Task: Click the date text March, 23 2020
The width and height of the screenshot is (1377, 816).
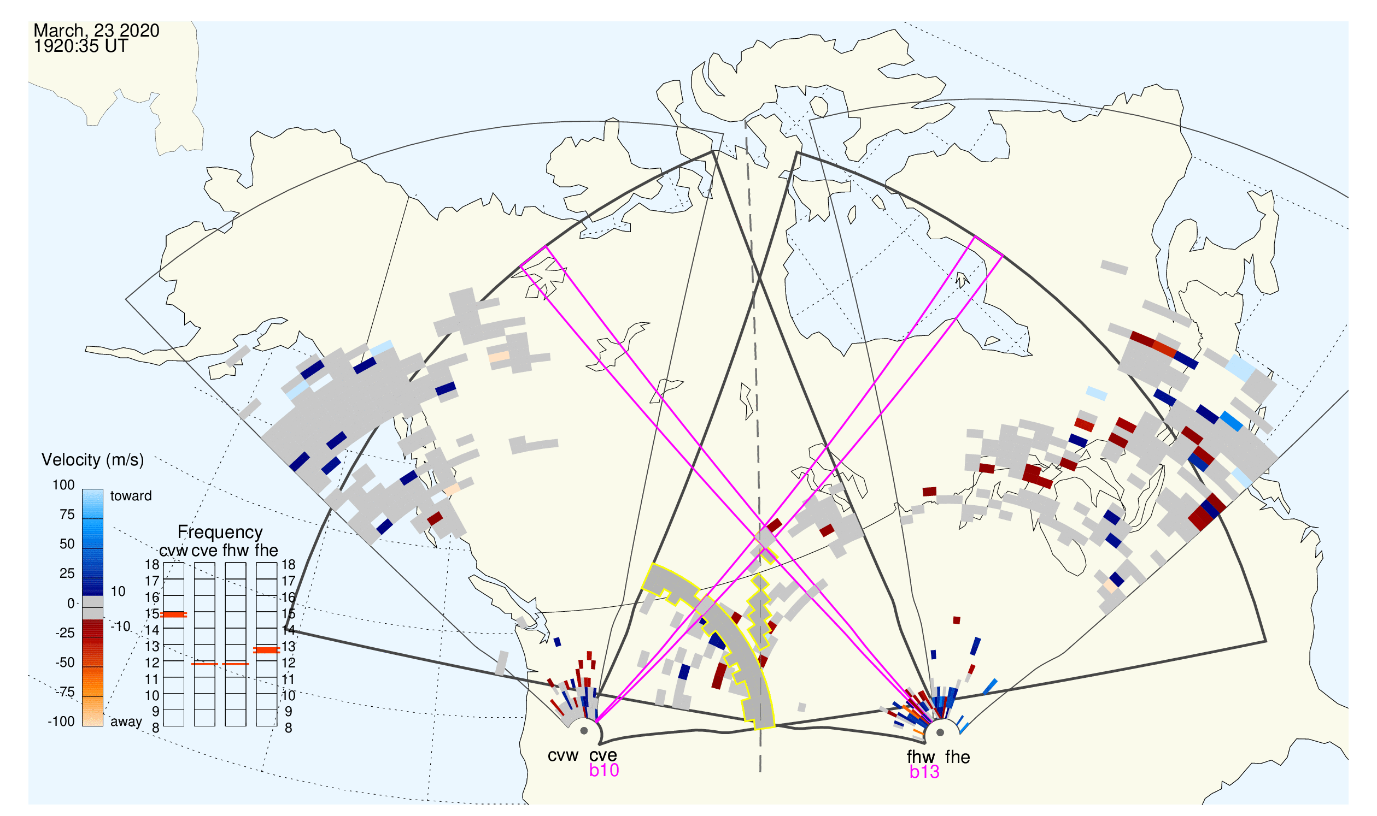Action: click(x=96, y=31)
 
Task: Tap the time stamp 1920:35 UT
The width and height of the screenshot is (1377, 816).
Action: click(x=81, y=46)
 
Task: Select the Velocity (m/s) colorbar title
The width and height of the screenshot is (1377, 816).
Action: click(x=92, y=460)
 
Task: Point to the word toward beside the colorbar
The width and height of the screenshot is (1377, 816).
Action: click(x=131, y=496)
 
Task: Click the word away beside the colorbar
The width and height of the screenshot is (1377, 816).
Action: click(x=126, y=722)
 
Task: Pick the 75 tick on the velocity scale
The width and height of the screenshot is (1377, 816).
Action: click(x=67, y=515)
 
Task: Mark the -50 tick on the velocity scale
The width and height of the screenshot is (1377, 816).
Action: click(x=65, y=663)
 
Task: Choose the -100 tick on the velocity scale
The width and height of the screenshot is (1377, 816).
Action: click(x=61, y=722)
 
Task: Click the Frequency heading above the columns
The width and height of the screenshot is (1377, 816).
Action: click(x=220, y=533)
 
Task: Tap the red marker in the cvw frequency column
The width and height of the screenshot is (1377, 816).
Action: click(x=173, y=615)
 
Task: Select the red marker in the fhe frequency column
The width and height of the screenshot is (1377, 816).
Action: click(x=266, y=651)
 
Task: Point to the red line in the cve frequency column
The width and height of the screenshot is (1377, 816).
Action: click(x=204, y=664)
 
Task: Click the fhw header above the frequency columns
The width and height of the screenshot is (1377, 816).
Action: click(x=236, y=551)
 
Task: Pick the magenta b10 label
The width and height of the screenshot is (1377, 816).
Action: click(x=603, y=770)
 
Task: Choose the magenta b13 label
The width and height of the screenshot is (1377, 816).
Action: click(x=924, y=772)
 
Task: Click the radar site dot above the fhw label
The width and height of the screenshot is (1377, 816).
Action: click(x=940, y=732)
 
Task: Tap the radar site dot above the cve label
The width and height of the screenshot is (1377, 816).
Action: click(x=584, y=731)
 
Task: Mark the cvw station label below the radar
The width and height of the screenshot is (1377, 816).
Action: click(x=562, y=756)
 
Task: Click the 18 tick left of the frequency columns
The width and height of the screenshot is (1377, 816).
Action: click(x=152, y=565)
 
